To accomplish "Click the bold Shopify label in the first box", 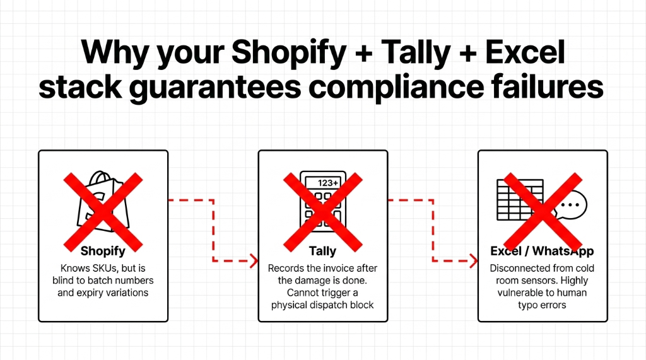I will [x=103, y=251].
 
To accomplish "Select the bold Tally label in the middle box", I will [x=322, y=251].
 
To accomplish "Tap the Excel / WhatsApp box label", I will [x=542, y=251].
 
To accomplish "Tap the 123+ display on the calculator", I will [x=327, y=183].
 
